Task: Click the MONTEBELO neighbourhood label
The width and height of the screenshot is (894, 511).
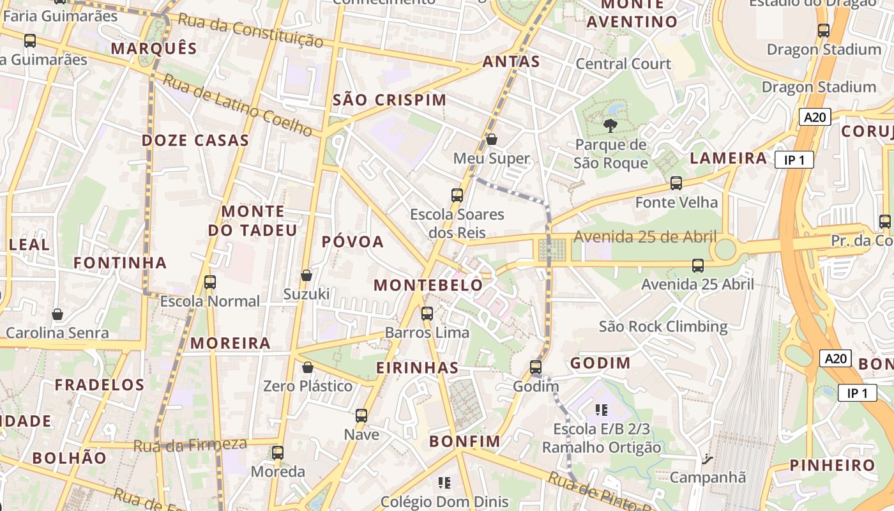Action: click(x=428, y=285)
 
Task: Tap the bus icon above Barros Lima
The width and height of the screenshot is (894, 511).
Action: click(x=427, y=314)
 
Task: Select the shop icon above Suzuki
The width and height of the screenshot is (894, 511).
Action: click(x=307, y=275)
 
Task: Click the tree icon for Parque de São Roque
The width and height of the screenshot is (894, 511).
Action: click(x=610, y=125)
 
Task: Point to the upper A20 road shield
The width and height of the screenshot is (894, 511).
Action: click(x=815, y=117)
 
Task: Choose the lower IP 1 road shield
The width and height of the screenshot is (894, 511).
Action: click(x=857, y=393)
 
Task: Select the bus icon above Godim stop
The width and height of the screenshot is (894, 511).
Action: click(x=536, y=367)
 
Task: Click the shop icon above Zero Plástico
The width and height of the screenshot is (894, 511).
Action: click(x=308, y=367)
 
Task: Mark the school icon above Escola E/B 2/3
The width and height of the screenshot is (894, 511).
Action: click(x=601, y=409)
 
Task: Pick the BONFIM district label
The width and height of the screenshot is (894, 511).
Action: click(x=464, y=441)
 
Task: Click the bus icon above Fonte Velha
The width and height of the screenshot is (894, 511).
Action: click(x=676, y=183)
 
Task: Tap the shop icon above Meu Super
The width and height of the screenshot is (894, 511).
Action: click(x=492, y=139)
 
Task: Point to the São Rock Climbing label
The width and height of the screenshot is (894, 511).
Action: click(x=663, y=327)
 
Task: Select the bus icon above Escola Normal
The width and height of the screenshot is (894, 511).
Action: click(x=210, y=282)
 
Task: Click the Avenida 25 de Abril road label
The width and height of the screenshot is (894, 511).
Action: click(x=645, y=237)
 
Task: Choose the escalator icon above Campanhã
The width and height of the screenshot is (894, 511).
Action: click(x=707, y=459)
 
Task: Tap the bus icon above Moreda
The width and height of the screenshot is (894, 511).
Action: click(x=278, y=453)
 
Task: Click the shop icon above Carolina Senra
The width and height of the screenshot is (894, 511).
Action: click(x=57, y=314)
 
